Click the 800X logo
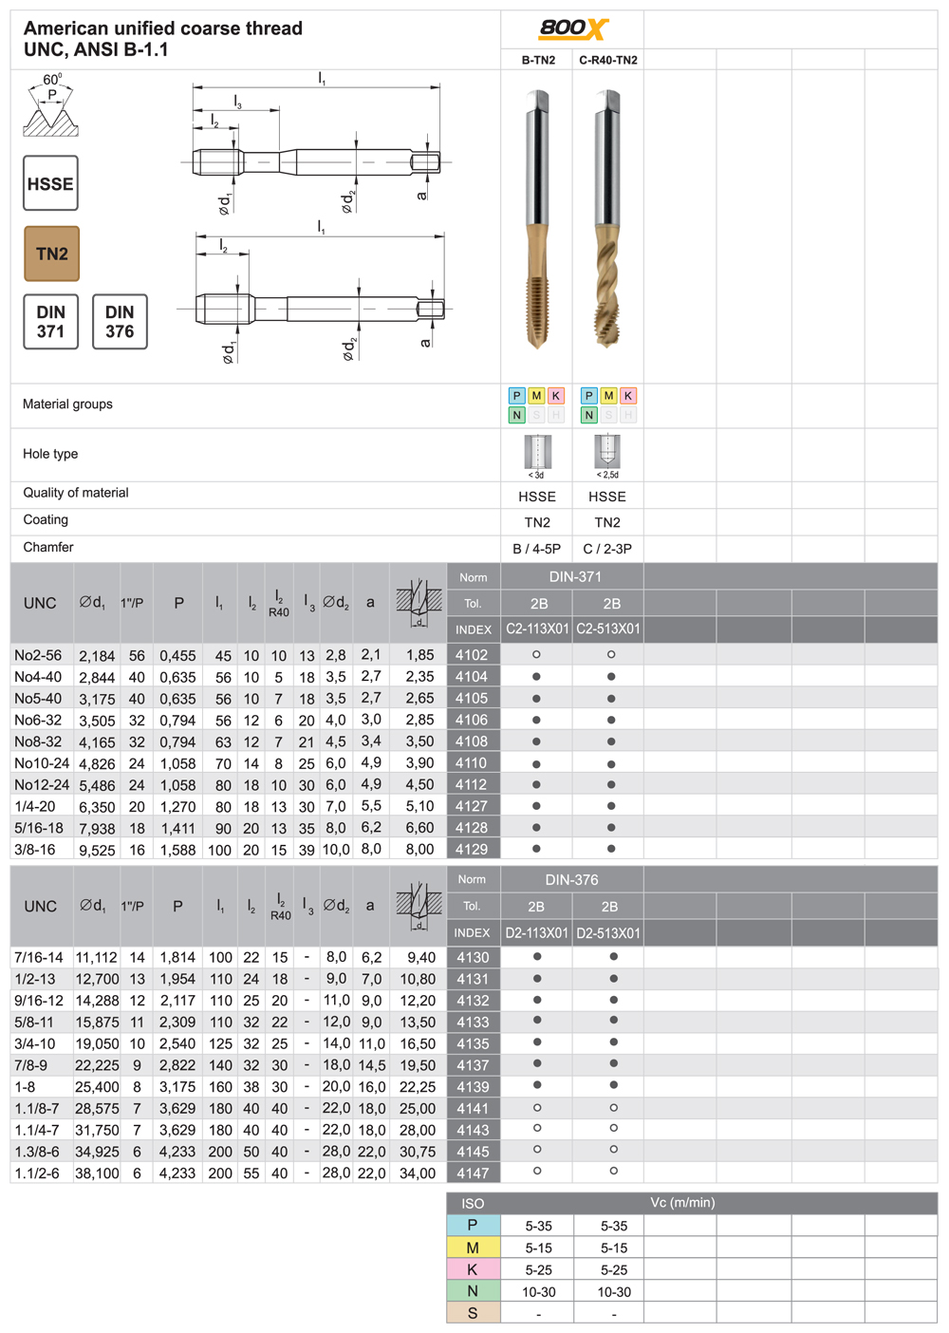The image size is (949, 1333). (573, 28)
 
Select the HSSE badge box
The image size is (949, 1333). (50, 183)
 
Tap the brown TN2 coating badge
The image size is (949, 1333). (51, 253)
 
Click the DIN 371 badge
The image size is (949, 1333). (50, 322)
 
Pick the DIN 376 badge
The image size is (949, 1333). (120, 322)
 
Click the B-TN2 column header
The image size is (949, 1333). (538, 60)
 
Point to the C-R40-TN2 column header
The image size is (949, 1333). (608, 60)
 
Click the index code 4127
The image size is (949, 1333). (472, 806)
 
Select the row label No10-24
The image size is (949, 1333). (42, 763)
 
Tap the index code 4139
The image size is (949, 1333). (473, 1087)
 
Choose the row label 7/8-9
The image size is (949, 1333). (35, 1065)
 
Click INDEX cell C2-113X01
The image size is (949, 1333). (537, 629)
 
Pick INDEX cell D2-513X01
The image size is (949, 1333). (609, 933)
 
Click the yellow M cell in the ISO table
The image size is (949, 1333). (473, 1248)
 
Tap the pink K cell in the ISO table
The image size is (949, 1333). (473, 1269)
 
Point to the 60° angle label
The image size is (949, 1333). (52, 80)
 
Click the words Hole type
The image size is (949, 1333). (50, 454)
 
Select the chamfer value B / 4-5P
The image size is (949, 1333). (536, 549)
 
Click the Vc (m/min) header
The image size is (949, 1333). (682, 1202)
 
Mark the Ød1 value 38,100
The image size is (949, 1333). (97, 1173)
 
